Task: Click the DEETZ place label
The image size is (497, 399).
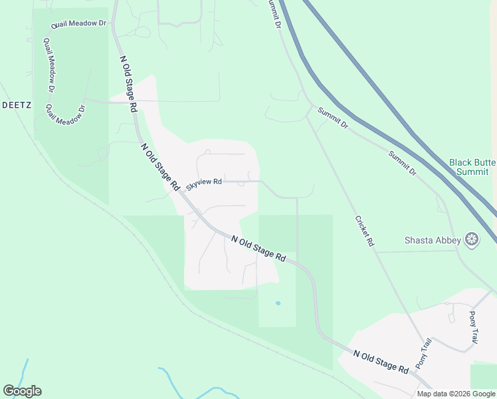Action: coord(13,105)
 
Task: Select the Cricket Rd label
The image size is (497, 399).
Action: coord(365,231)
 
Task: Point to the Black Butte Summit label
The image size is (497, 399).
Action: coord(472,166)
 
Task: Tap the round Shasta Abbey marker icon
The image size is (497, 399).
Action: coord(472,239)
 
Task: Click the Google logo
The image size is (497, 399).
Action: coord(22,391)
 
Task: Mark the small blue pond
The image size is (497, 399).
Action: coord(278,303)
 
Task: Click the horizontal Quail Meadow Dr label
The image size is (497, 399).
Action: coord(79,23)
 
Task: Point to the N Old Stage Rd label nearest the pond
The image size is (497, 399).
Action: coord(258,247)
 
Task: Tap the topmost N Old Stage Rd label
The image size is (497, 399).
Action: coord(128,82)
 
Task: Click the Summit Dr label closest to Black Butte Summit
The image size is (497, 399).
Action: coord(403,162)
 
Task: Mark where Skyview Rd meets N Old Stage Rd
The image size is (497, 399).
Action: coord(181,192)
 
